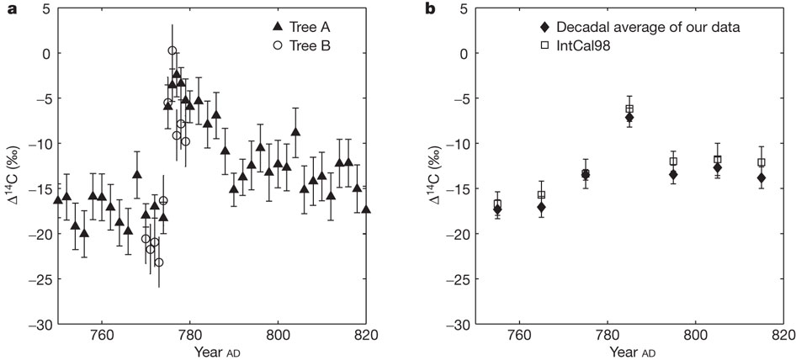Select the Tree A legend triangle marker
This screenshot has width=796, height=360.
[x=260, y=27]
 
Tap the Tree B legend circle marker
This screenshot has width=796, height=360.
[x=260, y=45]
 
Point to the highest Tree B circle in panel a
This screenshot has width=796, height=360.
[x=172, y=50]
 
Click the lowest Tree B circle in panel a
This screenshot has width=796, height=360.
[x=159, y=262]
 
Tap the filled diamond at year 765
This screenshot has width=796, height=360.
[x=541, y=207]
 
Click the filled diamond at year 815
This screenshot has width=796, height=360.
[x=761, y=177]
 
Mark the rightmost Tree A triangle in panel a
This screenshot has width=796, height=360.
[x=366, y=209]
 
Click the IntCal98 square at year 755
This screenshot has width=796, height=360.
[x=497, y=204]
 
